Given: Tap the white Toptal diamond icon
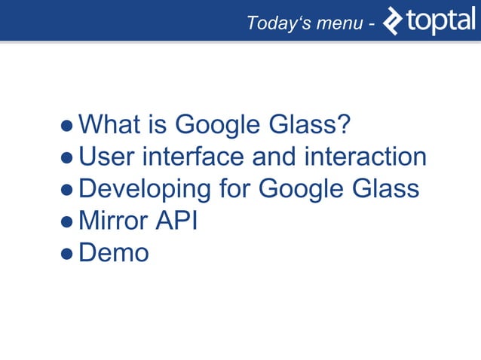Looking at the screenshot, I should tap(394, 21).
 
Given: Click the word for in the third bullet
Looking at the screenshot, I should tap(234, 188).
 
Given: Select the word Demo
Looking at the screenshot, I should tap(114, 253).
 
